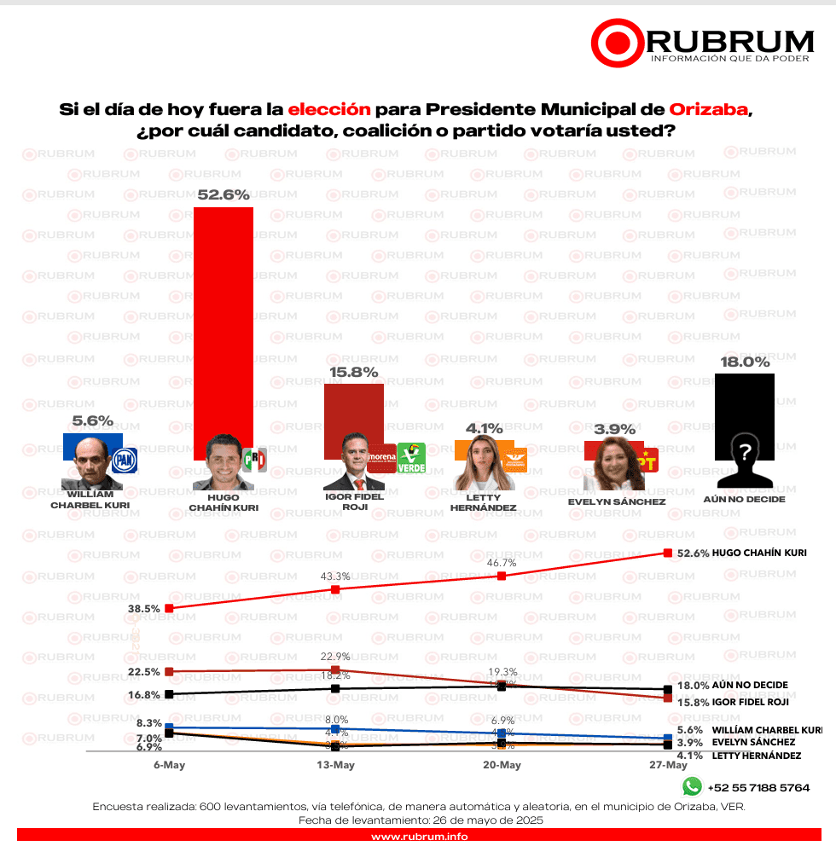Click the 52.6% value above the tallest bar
[224, 194]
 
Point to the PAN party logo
[125, 461]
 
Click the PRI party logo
[254, 460]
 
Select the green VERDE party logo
[412, 459]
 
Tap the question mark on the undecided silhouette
[745, 451]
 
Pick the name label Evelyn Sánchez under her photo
[616, 502]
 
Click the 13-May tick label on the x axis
[335, 765]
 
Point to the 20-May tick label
[502, 765]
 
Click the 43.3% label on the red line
[334, 577]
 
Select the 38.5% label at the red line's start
[145, 609]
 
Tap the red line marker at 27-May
[668, 553]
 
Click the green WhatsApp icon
[692, 786]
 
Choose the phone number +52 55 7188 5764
[758, 787]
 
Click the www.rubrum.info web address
[418, 837]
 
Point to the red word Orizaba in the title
[709, 110]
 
